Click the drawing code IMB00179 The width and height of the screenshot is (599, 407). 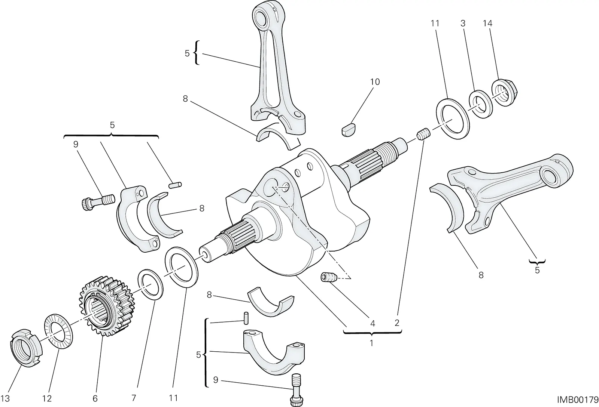click(x=577, y=400)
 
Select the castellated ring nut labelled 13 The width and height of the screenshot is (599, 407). click(x=26, y=348)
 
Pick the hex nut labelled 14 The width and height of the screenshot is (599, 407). click(x=504, y=92)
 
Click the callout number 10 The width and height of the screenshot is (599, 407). click(x=375, y=82)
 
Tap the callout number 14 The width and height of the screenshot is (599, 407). click(x=487, y=24)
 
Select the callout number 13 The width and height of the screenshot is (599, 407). click(x=5, y=399)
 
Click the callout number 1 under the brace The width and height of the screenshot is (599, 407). click(x=371, y=343)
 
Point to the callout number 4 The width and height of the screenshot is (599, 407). click(x=373, y=323)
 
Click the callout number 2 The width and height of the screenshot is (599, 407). click(x=397, y=323)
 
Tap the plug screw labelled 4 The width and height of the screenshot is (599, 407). click(x=329, y=277)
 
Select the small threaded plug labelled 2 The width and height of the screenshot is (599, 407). click(x=423, y=135)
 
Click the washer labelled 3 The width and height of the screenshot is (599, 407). click(x=481, y=104)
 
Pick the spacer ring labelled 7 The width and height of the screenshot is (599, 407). click(x=150, y=285)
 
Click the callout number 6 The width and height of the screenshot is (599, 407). click(x=95, y=399)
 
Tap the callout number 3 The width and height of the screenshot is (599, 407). click(x=463, y=24)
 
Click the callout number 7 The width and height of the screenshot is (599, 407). click(x=134, y=398)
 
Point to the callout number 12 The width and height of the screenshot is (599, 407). click(x=47, y=399)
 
